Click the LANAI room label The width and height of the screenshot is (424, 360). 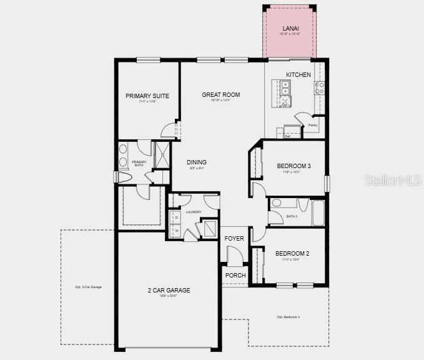coord(290,29)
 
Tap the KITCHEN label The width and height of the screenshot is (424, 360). coord(298,75)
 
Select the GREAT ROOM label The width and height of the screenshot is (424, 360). coord(220,95)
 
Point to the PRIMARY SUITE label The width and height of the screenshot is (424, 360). coord(147,96)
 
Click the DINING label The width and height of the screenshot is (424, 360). coord(197,162)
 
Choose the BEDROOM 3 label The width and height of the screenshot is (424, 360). coord(293,166)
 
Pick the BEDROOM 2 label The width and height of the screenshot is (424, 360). coord(292,253)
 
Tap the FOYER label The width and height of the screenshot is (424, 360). coord(235,238)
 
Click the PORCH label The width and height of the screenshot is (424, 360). coord(235,276)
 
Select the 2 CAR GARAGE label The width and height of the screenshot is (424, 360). coord(169,290)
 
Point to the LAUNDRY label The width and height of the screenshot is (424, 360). coord(194,212)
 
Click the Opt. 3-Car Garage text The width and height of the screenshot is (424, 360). coord(87,287)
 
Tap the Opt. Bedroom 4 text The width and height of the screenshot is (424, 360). coord(288,317)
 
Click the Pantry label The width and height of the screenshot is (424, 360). coord(313,125)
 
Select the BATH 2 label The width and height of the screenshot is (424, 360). coord(292,216)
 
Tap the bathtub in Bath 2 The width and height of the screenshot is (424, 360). coord(318,213)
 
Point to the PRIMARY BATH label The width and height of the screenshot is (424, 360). coord(139,163)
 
